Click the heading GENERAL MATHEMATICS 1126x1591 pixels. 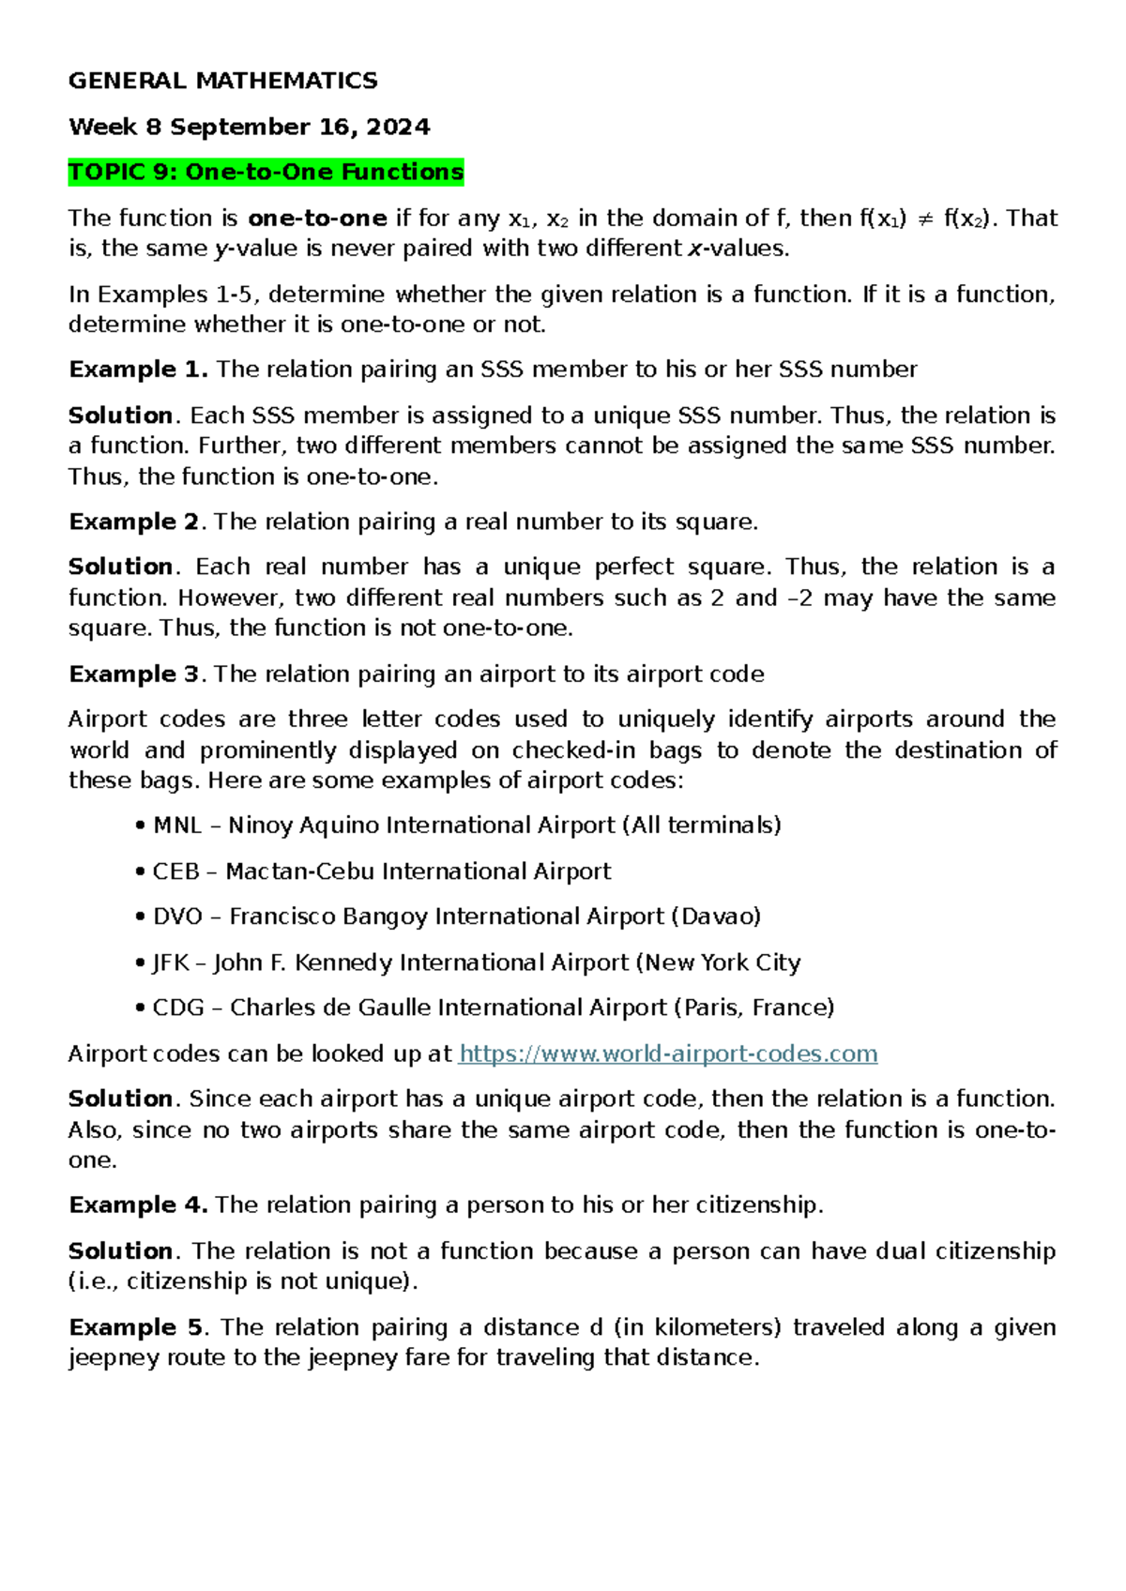[x=222, y=81]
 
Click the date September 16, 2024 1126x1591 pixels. [x=300, y=127]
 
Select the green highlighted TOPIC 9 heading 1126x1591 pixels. [x=266, y=173]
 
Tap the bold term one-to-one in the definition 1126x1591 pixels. [x=317, y=219]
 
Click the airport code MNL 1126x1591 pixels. [x=177, y=826]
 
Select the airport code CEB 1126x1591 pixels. [x=175, y=871]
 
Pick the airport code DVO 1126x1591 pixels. [x=178, y=917]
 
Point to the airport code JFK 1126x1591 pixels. [x=171, y=962]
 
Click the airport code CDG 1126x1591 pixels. [x=178, y=1008]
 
